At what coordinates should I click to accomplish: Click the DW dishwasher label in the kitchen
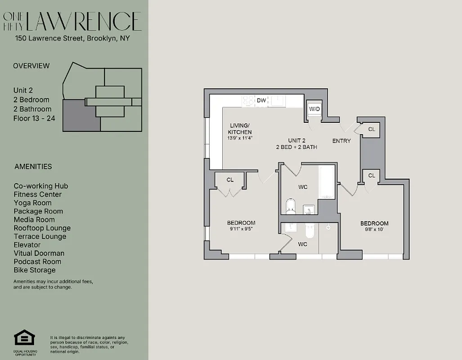coord(261,101)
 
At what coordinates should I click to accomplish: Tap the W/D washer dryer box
coord(314,109)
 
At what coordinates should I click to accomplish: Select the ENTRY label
coord(341,141)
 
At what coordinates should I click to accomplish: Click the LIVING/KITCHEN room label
coord(240,129)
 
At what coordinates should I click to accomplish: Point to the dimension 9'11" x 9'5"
coord(241,229)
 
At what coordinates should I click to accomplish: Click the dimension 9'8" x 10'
coord(374,229)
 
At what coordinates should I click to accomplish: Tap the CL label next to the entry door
coord(372,129)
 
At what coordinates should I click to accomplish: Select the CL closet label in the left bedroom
coord(230,180)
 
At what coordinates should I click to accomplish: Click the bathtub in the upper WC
coord(327,182)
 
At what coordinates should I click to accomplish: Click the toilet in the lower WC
coord(309,230)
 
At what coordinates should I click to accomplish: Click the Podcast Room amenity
coord(37,261)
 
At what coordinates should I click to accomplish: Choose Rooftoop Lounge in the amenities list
coord(42,228)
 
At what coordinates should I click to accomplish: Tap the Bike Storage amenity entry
coord(35,270)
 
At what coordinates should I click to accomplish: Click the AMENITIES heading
coord(33,166)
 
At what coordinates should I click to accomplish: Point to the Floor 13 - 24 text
coord(34,118)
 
